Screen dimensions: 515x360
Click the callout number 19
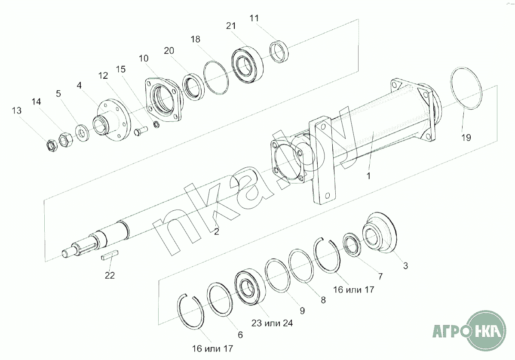point(466,138)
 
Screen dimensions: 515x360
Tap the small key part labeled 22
point(109,255)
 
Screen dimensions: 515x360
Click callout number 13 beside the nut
point(16,111)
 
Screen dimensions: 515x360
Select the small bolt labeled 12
point(140,131)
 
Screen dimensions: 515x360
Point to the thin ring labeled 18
point(216,77)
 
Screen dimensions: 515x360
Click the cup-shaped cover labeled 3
point(380,234)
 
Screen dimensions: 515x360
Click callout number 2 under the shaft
point(217,232)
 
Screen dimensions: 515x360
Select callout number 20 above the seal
point(169,50)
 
